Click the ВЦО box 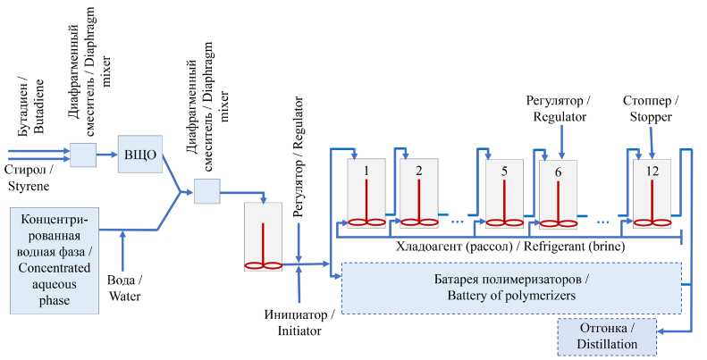coord(140,154)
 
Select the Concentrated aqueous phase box coord(55,261)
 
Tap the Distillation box coord(607,337)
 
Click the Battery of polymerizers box coord(512,288)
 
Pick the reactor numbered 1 coord(366,193)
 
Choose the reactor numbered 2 coord(419,193)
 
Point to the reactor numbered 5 coord(504,193)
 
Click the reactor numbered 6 coord(559,195)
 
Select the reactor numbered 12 coord(652,193)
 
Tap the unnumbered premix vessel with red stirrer coord(263,237)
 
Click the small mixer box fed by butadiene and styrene coord(83,155)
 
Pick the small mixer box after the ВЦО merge coord(207,191)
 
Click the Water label coord(124,289)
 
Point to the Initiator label coord(299,322)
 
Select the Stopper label coord(651,109)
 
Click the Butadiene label coord(31,106)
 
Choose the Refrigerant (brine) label coord(510,247)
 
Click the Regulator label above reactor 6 coord(560,109)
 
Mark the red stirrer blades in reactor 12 coord(652,222)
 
